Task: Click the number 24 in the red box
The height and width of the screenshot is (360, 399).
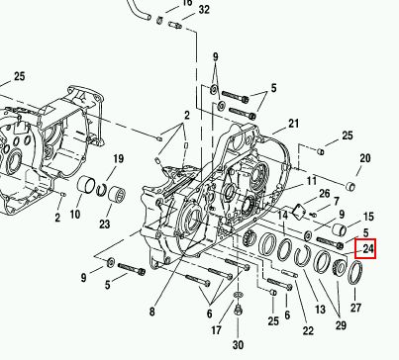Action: [367, 248]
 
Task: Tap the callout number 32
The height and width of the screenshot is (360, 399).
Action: [204, 10]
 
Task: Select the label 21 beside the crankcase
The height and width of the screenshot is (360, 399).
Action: [293, 124]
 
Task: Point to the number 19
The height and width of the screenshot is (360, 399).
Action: [118, 159]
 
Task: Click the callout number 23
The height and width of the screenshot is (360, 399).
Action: [104, 225]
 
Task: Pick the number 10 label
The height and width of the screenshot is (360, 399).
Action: [75, 215]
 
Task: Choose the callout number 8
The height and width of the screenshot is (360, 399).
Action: [151, 312]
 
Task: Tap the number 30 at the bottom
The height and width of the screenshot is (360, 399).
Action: [238, 345]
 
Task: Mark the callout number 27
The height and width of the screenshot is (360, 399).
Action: [355, 308]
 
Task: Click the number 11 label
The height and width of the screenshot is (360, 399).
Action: [312, 181]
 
